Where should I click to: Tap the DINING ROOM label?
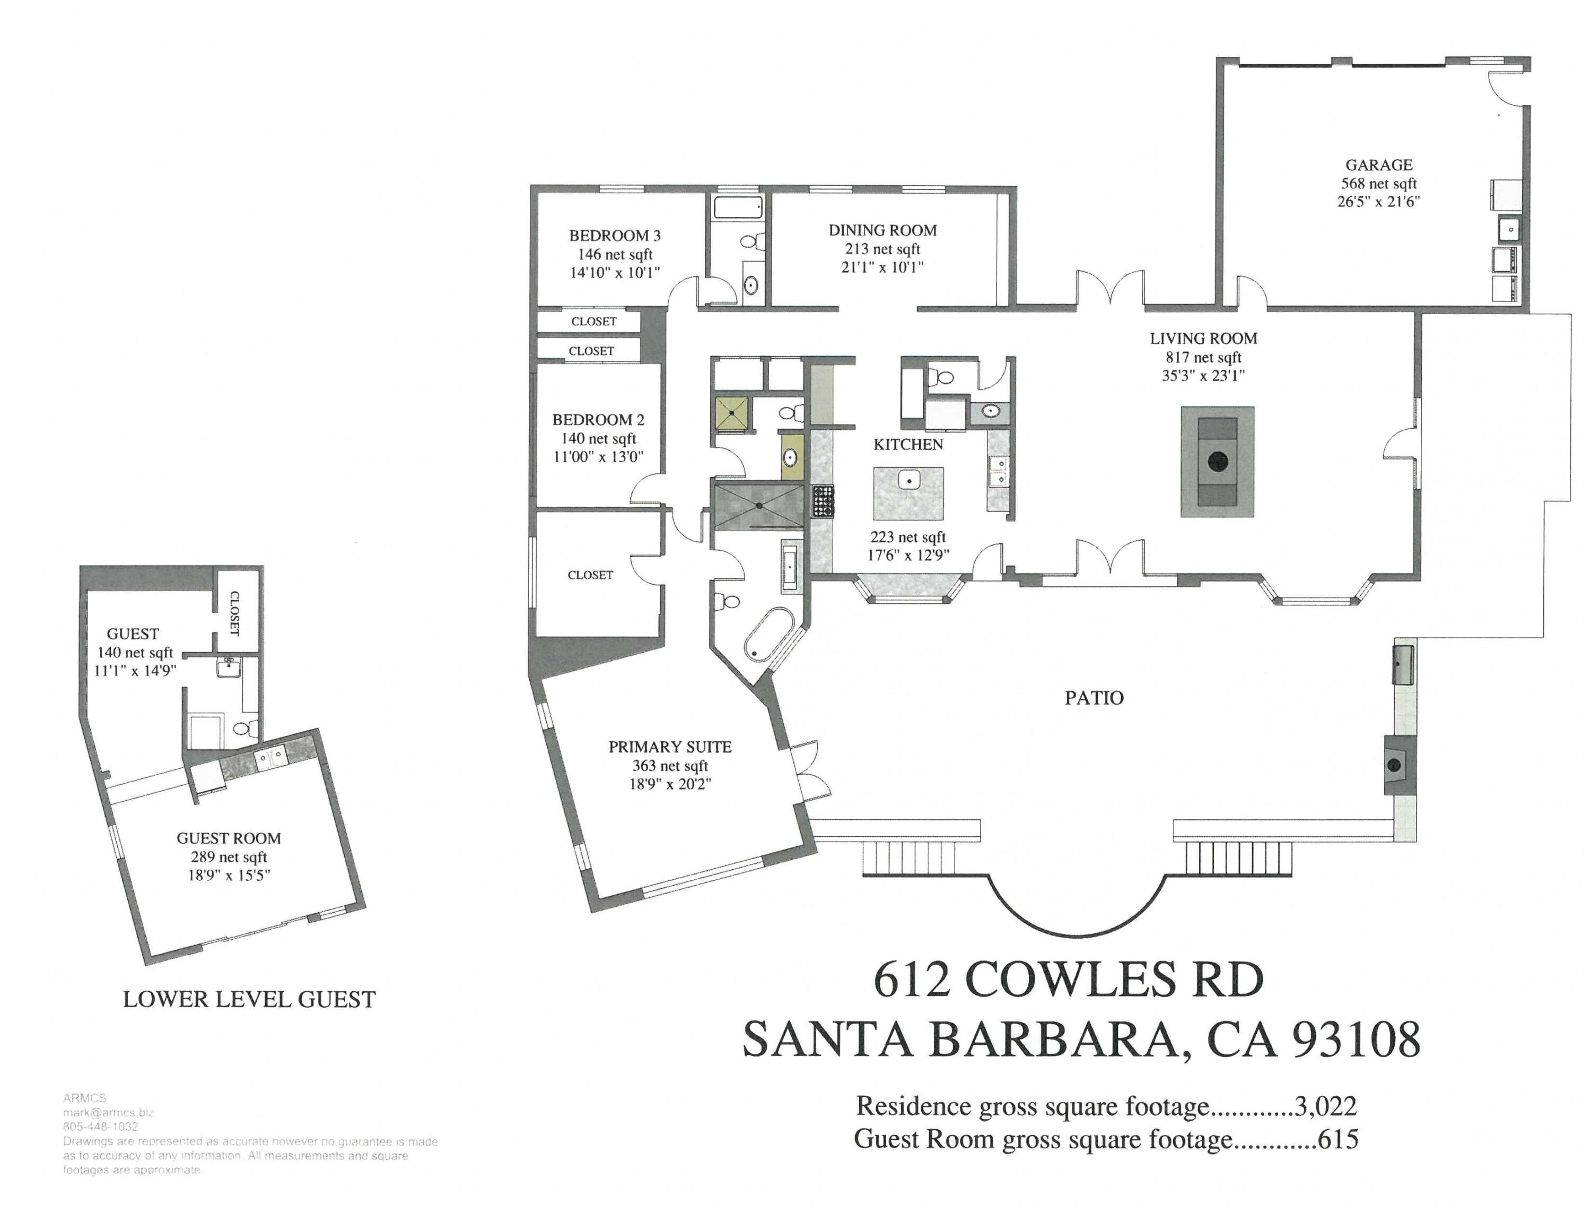pos(882,230)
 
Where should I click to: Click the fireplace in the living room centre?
pos(1217,461)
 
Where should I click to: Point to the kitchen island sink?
pos(908,480)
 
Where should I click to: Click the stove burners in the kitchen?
pos(823,501)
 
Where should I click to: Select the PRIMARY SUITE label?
pos(669,747)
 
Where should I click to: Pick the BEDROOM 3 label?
pos(614,236)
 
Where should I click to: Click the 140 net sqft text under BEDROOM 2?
pos(598,439)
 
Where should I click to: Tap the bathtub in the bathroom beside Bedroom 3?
pos(738,207)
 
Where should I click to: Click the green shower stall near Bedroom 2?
pos(731,413)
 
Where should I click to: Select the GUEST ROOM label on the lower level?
pos(228,838)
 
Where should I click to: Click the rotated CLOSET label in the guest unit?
pos(234,613)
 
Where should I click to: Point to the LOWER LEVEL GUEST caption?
pos(249,999)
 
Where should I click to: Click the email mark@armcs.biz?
pos(108,1113)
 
